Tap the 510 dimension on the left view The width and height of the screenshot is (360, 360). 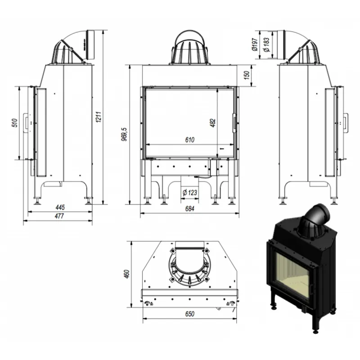(14, 122)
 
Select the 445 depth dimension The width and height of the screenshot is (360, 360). (61, 207)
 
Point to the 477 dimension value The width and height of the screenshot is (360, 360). (59, 216)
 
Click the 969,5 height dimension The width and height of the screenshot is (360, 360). (125, 134)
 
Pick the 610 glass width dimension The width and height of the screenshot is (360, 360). (189, 140)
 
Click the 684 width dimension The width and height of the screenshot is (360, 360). (189, 209)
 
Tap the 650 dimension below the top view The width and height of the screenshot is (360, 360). (189, 314)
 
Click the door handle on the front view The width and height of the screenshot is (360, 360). (234, 122)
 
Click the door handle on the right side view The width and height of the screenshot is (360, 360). (346, 122)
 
